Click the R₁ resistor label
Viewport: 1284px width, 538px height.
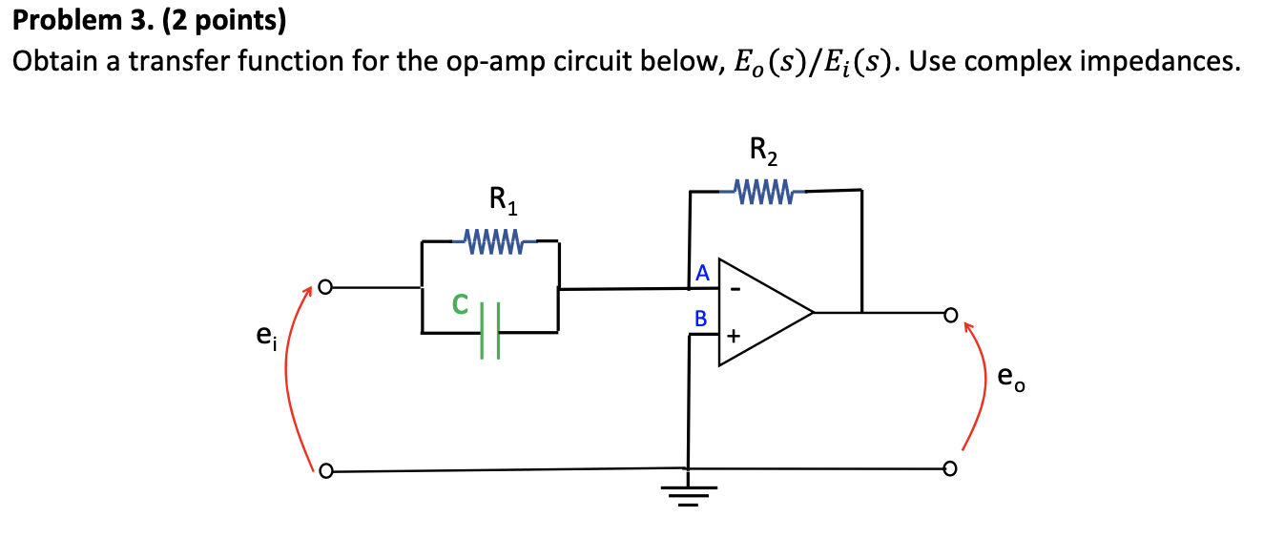pos(502,201)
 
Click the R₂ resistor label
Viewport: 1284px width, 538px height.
pos(764,150)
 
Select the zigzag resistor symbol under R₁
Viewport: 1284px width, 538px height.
pos(491,238)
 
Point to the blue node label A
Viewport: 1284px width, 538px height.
pos(702,274)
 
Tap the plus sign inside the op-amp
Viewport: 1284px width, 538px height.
pos(734,337)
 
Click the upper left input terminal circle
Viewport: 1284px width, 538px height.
pos(325,286)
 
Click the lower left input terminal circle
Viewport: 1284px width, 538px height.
pos(325,470)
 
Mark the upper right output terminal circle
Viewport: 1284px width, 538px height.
pos(949,312)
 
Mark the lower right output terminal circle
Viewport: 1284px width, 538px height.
pos(949,468)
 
